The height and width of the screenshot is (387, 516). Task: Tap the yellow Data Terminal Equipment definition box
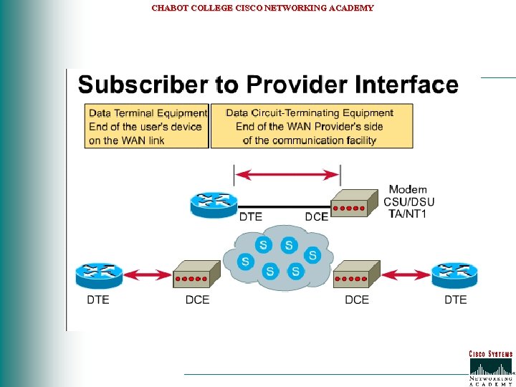148,126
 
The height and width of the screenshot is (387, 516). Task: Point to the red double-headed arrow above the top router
287,174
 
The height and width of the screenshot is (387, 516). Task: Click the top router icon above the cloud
214,204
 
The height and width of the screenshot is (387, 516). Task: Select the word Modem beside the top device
408,189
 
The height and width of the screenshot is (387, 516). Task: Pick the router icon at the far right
454,275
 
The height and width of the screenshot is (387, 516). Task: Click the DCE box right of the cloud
356,274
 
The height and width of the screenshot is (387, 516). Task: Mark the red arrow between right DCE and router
405,275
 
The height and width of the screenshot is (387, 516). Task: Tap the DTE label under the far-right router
455,300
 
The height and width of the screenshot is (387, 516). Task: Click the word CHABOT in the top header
170,8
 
